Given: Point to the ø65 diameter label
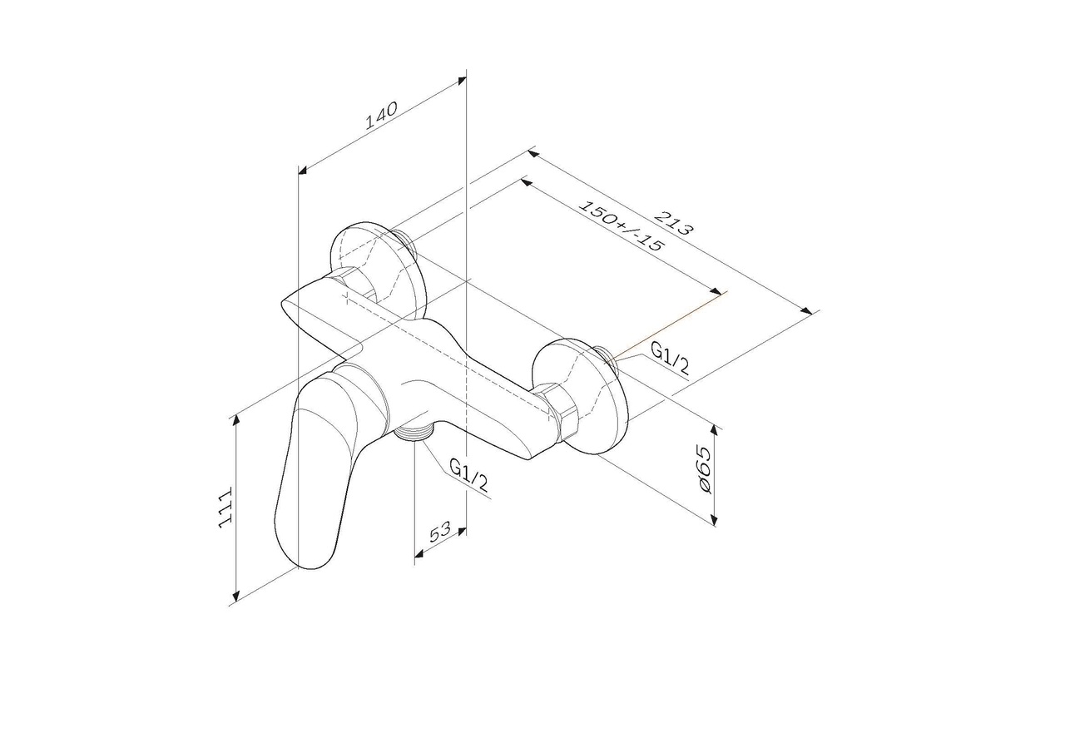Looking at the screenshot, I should [704, 471].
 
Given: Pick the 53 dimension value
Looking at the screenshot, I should [439, 533].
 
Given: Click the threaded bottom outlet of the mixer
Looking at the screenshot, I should [414, 431].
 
